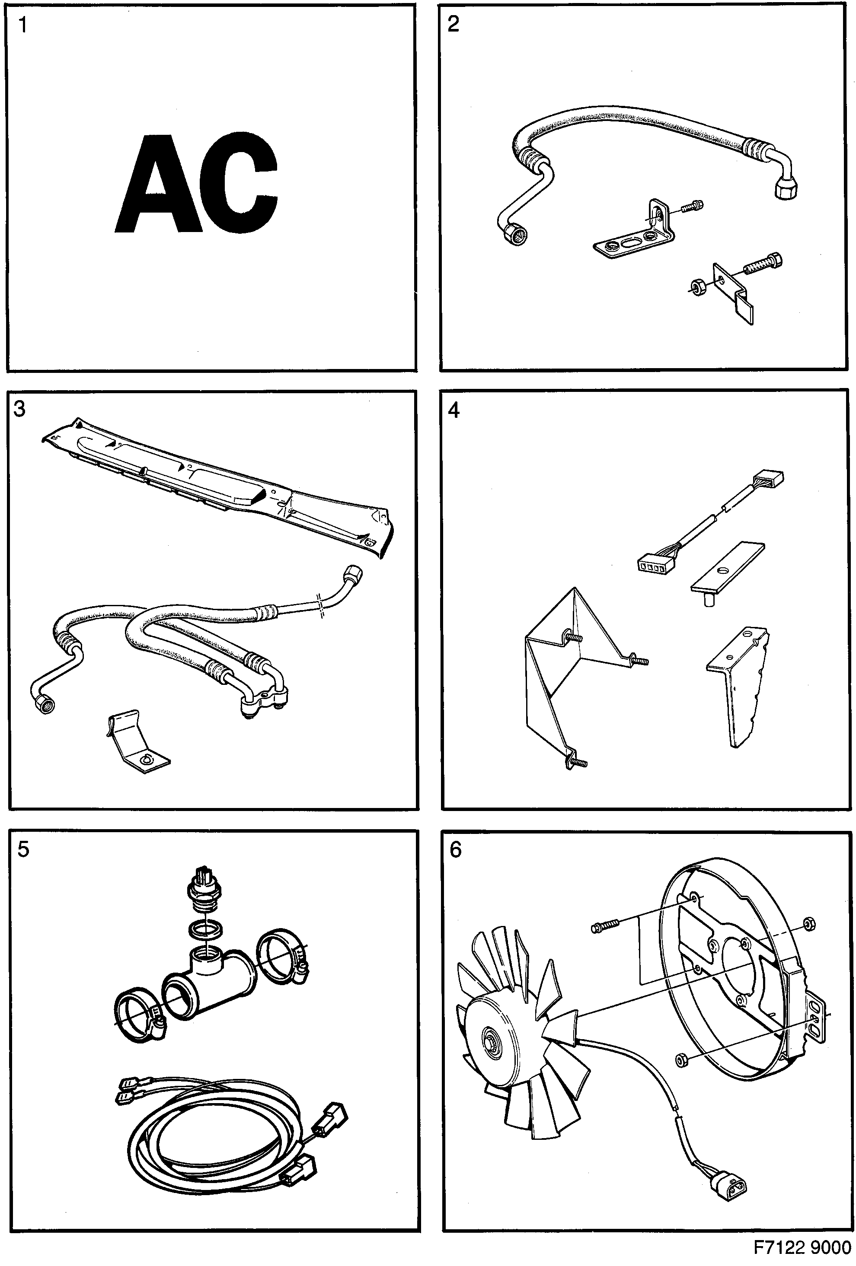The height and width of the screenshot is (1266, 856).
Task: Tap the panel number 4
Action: tap(454, 410)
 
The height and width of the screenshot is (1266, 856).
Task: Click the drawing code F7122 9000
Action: tap(802, 1247)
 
